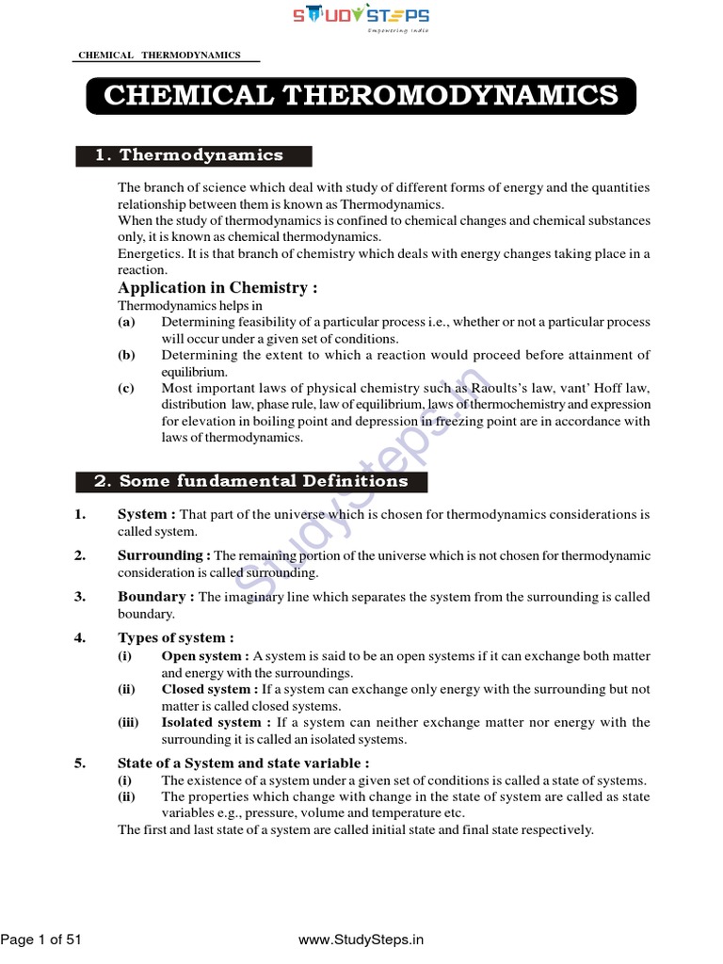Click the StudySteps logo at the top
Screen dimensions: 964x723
pos(361,18)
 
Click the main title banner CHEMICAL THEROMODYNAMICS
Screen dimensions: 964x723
pos(361,96)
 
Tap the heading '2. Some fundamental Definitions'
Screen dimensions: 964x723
pos(250,481)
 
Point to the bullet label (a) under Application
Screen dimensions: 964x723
pos(126,322)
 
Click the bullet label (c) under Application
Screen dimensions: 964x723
pos(126,388)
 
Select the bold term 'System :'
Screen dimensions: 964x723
pos(146,515)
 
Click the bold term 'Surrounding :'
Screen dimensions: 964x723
pos(164,555)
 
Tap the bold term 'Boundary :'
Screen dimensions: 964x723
pos(155,597)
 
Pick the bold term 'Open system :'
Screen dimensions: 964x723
pos(205,656)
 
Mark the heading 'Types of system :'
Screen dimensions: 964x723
pos(175,638)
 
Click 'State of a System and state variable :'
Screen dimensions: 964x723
pos(243,763)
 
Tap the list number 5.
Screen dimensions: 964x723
pos(80,763)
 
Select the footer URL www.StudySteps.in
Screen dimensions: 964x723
pos(361,939)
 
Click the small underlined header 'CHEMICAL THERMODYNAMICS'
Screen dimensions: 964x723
pos(157,56)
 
